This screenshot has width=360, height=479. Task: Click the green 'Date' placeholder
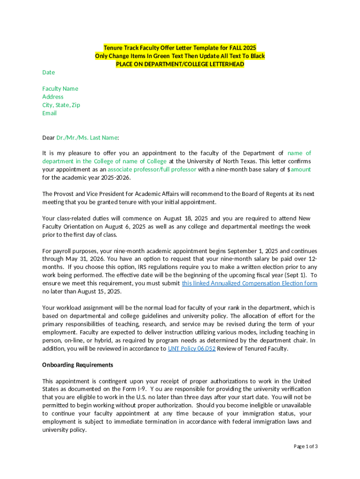click(49, 73)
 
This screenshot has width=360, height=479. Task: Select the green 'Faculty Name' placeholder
click(60, 89)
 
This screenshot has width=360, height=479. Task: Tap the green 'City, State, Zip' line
click(61, 105)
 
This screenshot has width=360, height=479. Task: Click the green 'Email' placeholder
click(50, 113)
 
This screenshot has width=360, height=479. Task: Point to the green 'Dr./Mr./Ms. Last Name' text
click(87, 138)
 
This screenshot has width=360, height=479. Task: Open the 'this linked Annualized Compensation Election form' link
click(250, 283)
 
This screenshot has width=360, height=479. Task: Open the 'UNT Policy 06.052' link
click(192, 348)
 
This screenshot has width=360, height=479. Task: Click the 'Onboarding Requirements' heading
click(78, 365)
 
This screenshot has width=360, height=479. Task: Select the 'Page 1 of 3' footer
click(306, 446)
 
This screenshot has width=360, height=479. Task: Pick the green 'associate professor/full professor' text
click(152, 169)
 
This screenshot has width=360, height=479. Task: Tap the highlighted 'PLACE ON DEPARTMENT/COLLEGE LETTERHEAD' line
click(180, 64)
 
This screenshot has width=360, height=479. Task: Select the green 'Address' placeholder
click(53, 97)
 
